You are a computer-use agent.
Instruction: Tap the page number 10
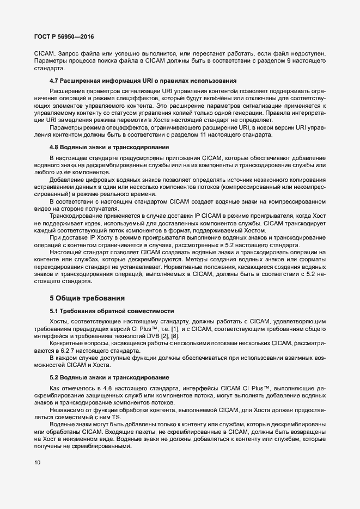click(x=36, y=463)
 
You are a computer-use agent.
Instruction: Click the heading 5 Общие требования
click(x=87, y=298)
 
